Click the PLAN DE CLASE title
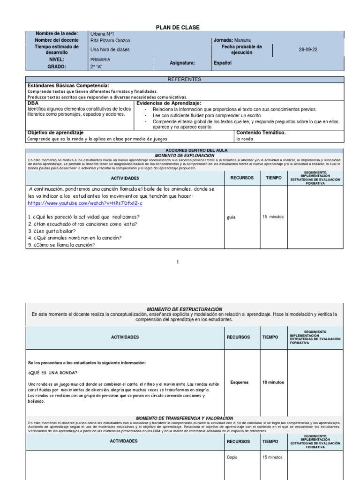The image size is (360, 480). [x=178, y=28]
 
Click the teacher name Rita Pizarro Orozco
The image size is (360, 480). [x=110, y=41]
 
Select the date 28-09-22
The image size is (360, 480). [x=308, y=50]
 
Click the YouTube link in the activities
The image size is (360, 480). [x=85, y=203]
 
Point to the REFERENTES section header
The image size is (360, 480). [x=184, y=80]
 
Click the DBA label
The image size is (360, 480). [x=33, y=103]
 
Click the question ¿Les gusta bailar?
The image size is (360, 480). [x=52, y=231]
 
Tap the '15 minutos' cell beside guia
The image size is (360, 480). [x=273, y=217]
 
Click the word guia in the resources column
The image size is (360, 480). [x=231, y=217]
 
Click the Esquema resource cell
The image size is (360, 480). [x=240, y=382]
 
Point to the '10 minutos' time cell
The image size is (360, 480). [x=273, y=382]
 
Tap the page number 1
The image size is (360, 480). [x=178, y=262]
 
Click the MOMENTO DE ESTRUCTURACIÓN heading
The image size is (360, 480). [x=184, y=309]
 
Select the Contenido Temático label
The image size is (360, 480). [x=261, y=133]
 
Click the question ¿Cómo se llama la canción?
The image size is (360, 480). [x=61, y=245]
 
